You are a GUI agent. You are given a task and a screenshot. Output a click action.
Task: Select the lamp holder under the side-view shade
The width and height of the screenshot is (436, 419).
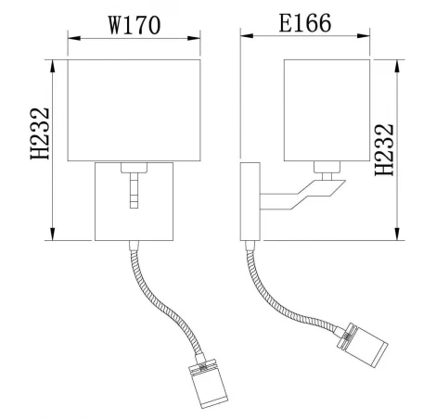(x=327, y=168)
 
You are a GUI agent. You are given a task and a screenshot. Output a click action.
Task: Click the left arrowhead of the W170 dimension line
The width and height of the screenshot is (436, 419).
(x=74, y=38)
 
